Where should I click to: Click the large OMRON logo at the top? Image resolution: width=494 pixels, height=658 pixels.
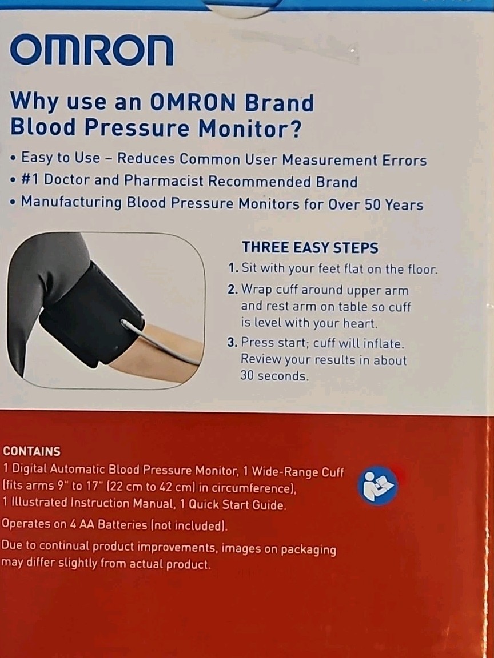pyautogui.click(x=91, y=50)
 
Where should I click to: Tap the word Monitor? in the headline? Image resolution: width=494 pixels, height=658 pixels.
pyautogui.click(x=249, y=127)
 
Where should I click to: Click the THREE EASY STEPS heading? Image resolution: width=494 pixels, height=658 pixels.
pyautogui.click(x=310, y=247)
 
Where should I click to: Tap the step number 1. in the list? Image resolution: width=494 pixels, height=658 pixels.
pyautogui.click(x=234, y=268)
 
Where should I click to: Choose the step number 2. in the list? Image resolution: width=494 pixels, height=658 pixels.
pyautogui.click(x=233, y=290)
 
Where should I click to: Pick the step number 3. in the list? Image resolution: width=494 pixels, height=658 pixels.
pyautogui.click(x=233, y=343)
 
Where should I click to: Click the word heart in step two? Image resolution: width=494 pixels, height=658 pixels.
pyautogui.click(x=359, y=323)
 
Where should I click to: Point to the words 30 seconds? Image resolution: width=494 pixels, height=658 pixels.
pyautogui.click(x=274, y=376)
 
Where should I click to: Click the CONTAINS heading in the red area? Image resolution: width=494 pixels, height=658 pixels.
pyautogui.click(x=31, y=451)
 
